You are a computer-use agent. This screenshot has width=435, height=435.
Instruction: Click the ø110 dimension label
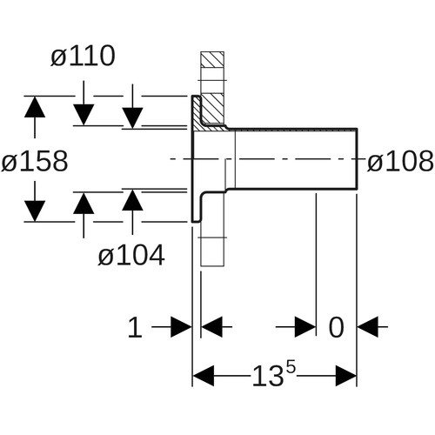tap(83, 56)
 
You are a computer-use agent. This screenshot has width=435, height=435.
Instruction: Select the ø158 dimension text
tap(35, 161)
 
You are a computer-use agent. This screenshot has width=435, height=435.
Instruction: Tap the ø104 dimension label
tap(131, 255)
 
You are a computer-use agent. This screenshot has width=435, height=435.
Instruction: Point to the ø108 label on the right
tap(400, 161)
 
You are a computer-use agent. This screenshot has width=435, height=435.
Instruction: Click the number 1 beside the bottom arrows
tap(135, 327)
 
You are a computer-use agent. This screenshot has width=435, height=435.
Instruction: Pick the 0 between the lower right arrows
tap(336, 327)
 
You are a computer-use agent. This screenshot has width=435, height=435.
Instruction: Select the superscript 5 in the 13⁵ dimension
tap(291, 366)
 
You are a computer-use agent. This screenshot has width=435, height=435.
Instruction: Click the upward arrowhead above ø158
tap(35, 107)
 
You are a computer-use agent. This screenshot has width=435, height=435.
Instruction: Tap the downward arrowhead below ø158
tap(35, 211)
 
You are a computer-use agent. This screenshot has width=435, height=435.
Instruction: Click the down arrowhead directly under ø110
tap(84, 115)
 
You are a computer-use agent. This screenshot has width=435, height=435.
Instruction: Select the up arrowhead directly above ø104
tap(84, 203)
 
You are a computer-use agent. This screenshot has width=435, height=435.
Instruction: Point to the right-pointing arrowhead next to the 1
tap(181, 327)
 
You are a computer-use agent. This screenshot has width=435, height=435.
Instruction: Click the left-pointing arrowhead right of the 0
tap(368, 327)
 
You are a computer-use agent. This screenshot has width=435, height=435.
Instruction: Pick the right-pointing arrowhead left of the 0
tap(305, 327)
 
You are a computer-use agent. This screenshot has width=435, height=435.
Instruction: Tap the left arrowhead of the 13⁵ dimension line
tap(204, 376)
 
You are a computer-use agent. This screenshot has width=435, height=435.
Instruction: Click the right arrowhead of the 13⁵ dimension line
tap(346, 376)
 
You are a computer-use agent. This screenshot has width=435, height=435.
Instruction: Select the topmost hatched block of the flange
tap(212, 60)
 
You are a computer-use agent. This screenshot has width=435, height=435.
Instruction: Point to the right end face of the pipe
tap(357, 159)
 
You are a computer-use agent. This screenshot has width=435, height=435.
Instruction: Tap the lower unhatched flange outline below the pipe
tap(212, 229)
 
